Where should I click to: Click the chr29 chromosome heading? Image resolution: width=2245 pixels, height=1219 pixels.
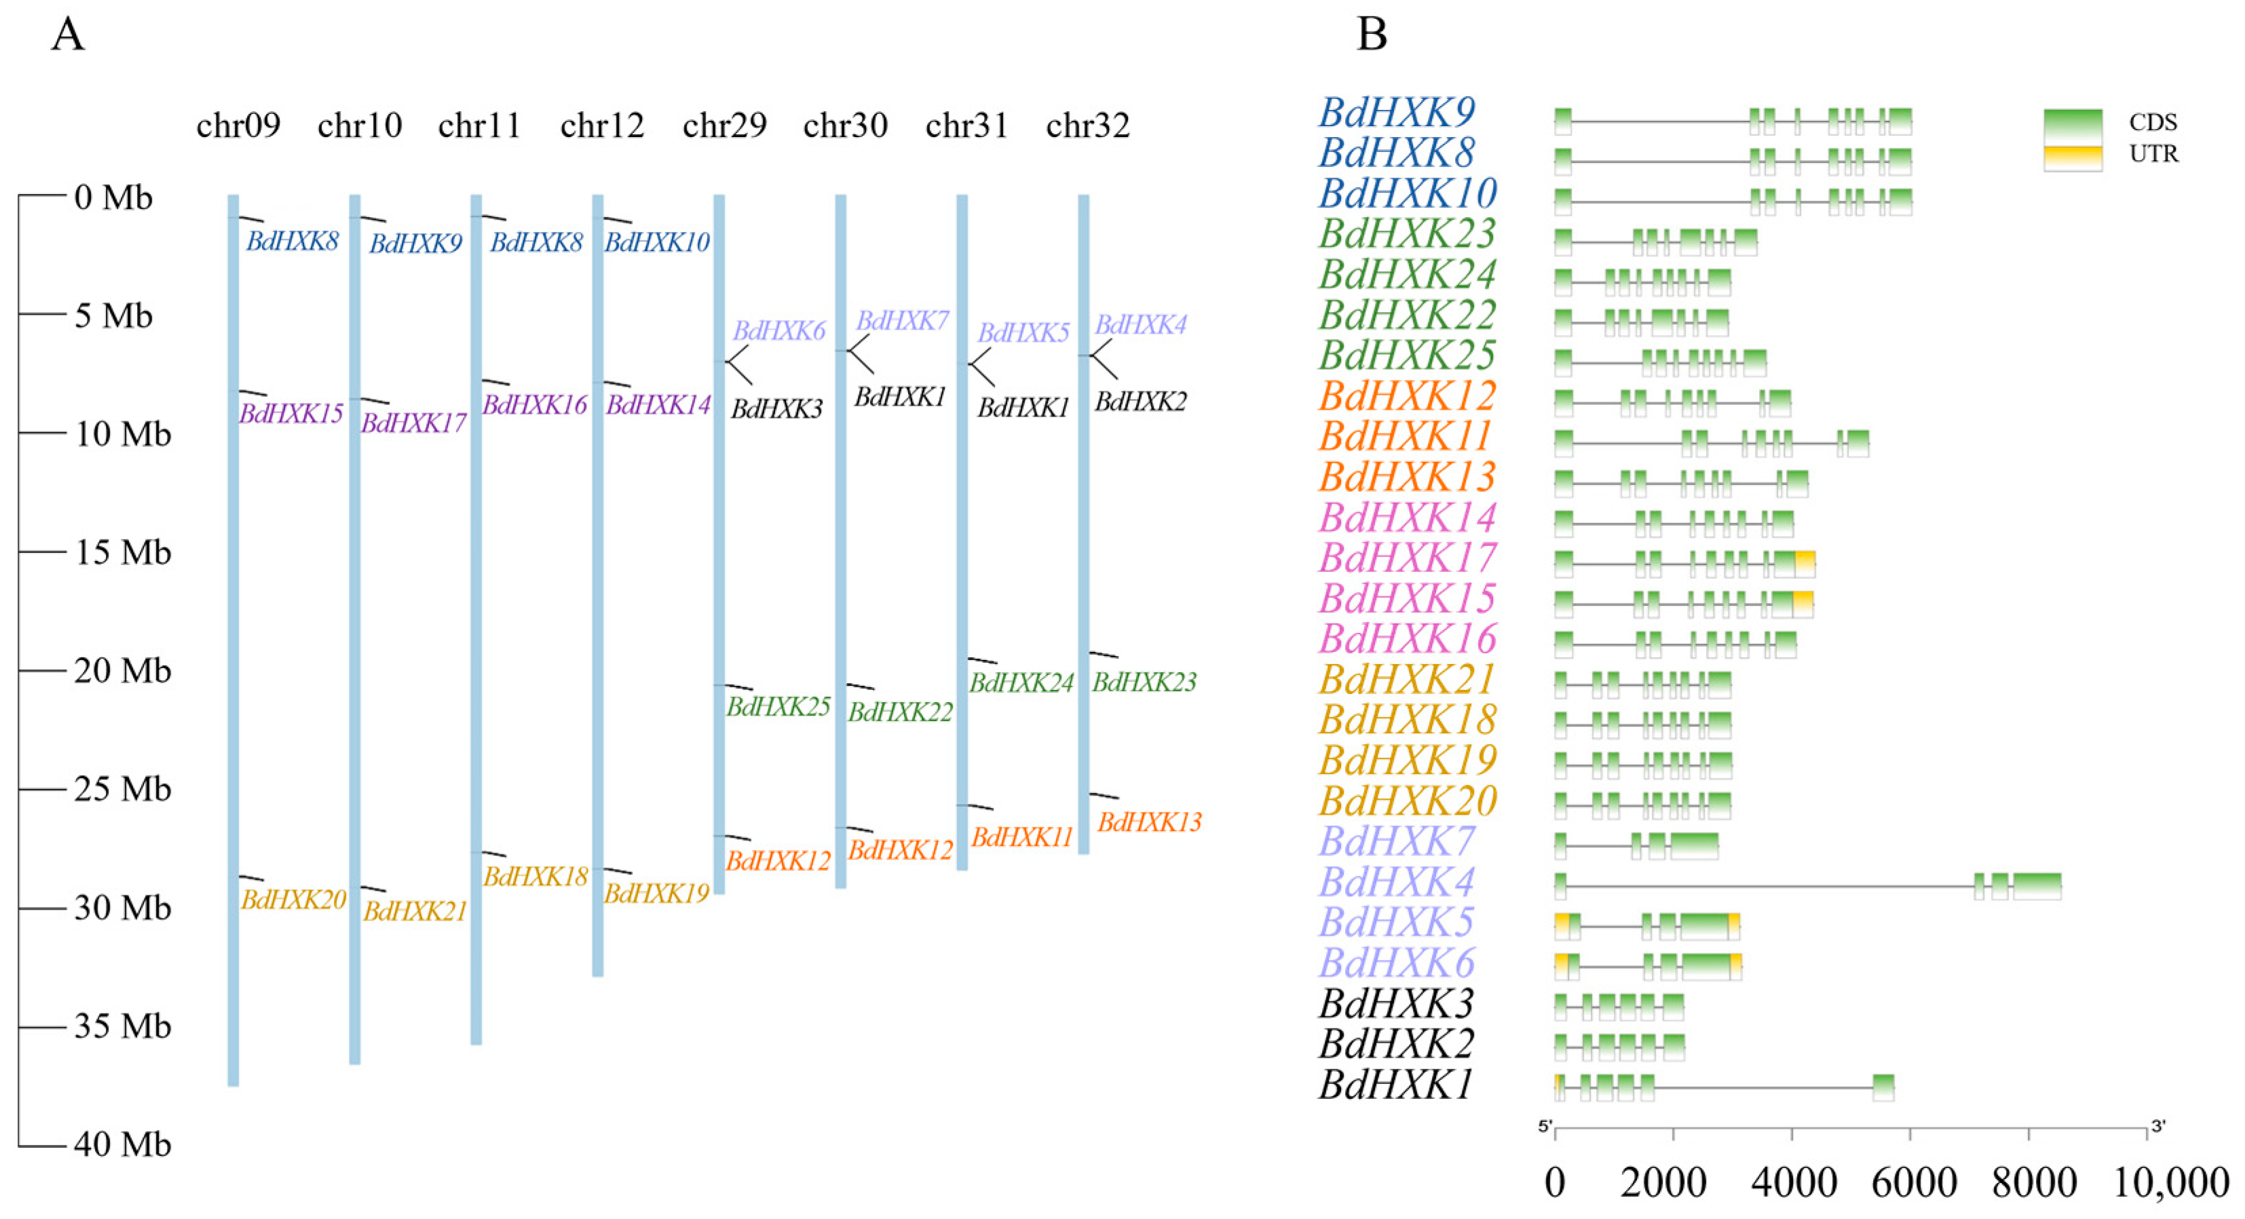pos(724,125)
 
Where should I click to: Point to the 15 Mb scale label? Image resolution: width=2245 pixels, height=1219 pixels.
pos(123,552)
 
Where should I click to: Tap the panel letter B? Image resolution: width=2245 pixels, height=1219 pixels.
pos(1372,35)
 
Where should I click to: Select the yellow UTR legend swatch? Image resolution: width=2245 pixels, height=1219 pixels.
pos(2073,157)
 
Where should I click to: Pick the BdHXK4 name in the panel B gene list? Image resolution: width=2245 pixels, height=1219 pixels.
pos(1396,882)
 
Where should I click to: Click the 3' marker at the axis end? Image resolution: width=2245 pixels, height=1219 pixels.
pos(2158,1127)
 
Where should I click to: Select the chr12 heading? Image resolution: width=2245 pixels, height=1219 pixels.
pos(602,125)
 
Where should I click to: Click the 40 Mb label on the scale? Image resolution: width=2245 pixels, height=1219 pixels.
pos(123,1145)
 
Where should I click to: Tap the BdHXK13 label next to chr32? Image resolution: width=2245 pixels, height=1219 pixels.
pos(1150,821)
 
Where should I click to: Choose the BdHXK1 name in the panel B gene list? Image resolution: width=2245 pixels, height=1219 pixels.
pos(1396,1085)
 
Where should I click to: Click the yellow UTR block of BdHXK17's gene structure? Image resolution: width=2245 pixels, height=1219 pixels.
pos(1805,563)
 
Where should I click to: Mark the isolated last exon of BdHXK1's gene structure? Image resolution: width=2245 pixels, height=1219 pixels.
pos(1883,1087)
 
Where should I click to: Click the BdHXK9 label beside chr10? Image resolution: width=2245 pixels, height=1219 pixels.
pos(416,243)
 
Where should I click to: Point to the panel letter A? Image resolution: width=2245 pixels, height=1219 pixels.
pos(68,35)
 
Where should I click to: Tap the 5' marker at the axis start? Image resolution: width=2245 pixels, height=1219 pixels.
pos(1545,1127)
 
